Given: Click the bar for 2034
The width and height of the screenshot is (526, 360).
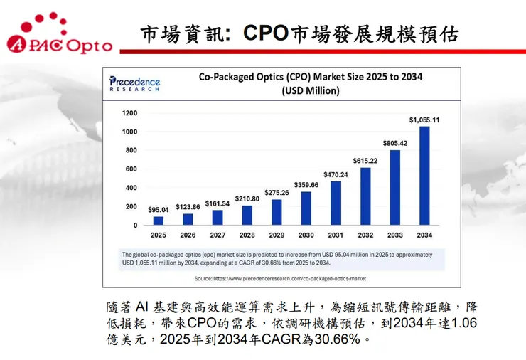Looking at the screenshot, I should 424,176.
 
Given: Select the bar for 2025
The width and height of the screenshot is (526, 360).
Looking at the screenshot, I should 158,221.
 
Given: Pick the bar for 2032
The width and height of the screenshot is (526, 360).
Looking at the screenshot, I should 365,196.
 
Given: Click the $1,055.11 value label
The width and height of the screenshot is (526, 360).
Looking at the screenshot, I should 424,120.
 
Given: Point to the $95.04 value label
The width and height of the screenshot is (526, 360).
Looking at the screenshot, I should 159,210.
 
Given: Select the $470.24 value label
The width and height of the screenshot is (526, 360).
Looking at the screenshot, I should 336,174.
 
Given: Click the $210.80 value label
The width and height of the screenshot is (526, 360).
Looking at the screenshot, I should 247,198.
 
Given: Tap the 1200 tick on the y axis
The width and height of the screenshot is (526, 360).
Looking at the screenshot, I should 129,113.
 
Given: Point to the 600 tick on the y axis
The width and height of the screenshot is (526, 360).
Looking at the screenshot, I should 131,169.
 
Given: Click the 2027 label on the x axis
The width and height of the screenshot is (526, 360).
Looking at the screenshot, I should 217,235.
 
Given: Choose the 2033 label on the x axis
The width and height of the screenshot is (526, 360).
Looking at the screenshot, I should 394,235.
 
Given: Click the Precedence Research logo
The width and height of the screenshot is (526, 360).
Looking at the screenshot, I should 135,83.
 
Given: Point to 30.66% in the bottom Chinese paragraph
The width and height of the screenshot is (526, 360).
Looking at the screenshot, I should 333,339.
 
